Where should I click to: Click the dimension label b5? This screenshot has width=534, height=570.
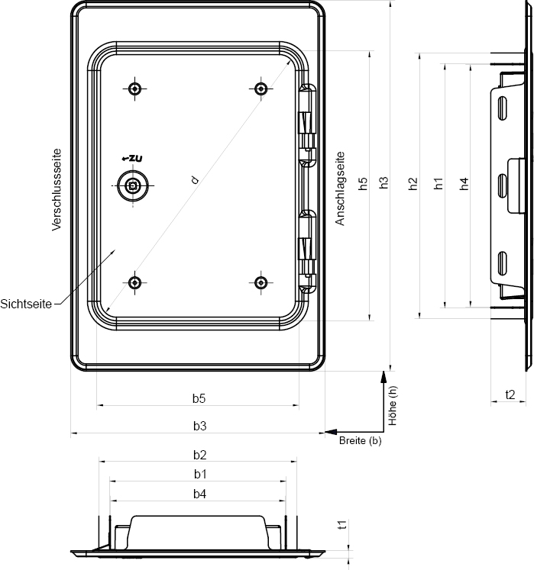tap(199, 398)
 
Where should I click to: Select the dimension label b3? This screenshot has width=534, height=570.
tap(199, 425)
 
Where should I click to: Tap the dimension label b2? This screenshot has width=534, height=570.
tap(199, 455)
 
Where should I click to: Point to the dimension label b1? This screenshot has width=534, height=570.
tap(199, 475)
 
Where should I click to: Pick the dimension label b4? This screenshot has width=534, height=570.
tap(199, 494)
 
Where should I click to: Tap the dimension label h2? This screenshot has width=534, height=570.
tap(413, 183)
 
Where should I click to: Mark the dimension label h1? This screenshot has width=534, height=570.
tap(438, 183)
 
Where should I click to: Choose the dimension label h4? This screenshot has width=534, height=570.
tap(464, 183)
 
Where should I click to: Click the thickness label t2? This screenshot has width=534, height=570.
tap(510, 394)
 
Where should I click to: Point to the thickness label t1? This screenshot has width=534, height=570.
tap(342, 524)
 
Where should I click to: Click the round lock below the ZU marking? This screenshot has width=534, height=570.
tap(134, 185)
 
